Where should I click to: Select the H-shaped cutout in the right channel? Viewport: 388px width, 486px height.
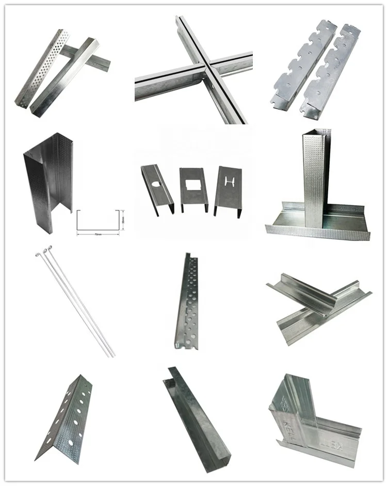(228, 181)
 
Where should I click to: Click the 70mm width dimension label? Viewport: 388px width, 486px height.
(99, 233)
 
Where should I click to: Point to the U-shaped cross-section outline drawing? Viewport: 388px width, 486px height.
(99, 220)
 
